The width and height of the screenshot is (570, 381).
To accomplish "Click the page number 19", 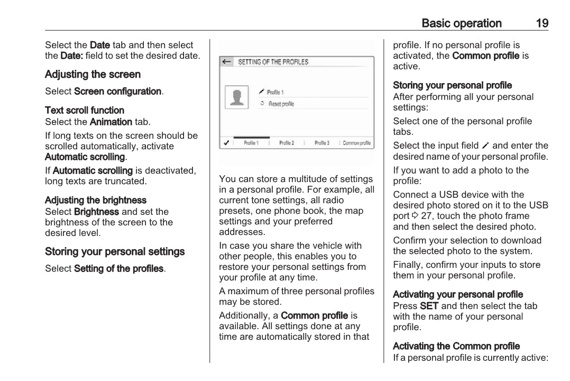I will pyautogui.click(x=541, y=23).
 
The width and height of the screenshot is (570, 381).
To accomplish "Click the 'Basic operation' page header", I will pyautogui.click(x=462, y=23).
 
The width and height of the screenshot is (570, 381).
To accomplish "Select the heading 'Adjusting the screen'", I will pyautogui.click(x=93, y=75).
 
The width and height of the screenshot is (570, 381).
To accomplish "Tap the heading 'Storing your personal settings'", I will pyautogui.click(x=115, y=251).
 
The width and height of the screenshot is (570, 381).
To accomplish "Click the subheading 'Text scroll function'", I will pyautogui.click(x=85, y=110).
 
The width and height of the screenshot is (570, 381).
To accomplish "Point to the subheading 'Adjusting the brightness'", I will pyautogui.click(x=96, y=200).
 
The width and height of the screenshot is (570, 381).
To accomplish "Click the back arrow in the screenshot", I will pyautogui.click(x=227, y=62).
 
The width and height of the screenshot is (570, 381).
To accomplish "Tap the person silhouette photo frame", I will pyautogui.click(x=237, y=97).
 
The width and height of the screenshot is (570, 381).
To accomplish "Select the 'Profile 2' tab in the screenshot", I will pyautogui.click(x=287, y=143).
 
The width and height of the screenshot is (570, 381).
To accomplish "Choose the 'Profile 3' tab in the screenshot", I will pyautogui.click(x=321, y=143).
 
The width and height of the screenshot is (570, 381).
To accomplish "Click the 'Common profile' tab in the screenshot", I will pyautogui.click(x=356, y=143).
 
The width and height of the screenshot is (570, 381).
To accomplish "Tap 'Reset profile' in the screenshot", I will pyautogui.click(x=281, y=104).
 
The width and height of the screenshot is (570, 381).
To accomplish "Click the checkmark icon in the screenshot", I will pyautogui.click(x=226, y=143).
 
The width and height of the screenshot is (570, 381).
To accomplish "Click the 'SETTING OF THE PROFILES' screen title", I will pyautogui.click(x=273, y=62).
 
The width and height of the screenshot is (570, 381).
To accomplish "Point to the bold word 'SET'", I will pyautogui.click(x=429, y=306).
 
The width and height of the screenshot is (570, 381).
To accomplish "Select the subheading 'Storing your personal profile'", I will pyautogui.click(x=452, y=85).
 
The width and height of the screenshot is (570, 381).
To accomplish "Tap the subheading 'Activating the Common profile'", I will pyautogui.click(x=456, y=346).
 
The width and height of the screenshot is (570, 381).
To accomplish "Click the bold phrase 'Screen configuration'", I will pyautogui.click(x=117, y=91).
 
